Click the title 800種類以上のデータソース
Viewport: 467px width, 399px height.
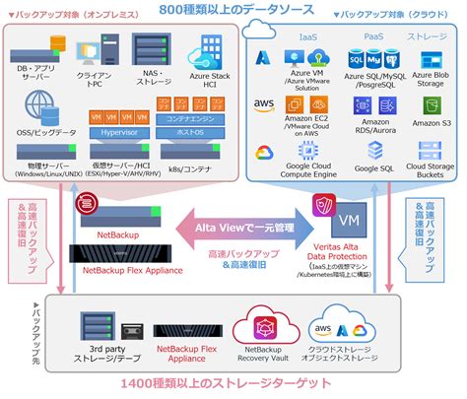(233, 11)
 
